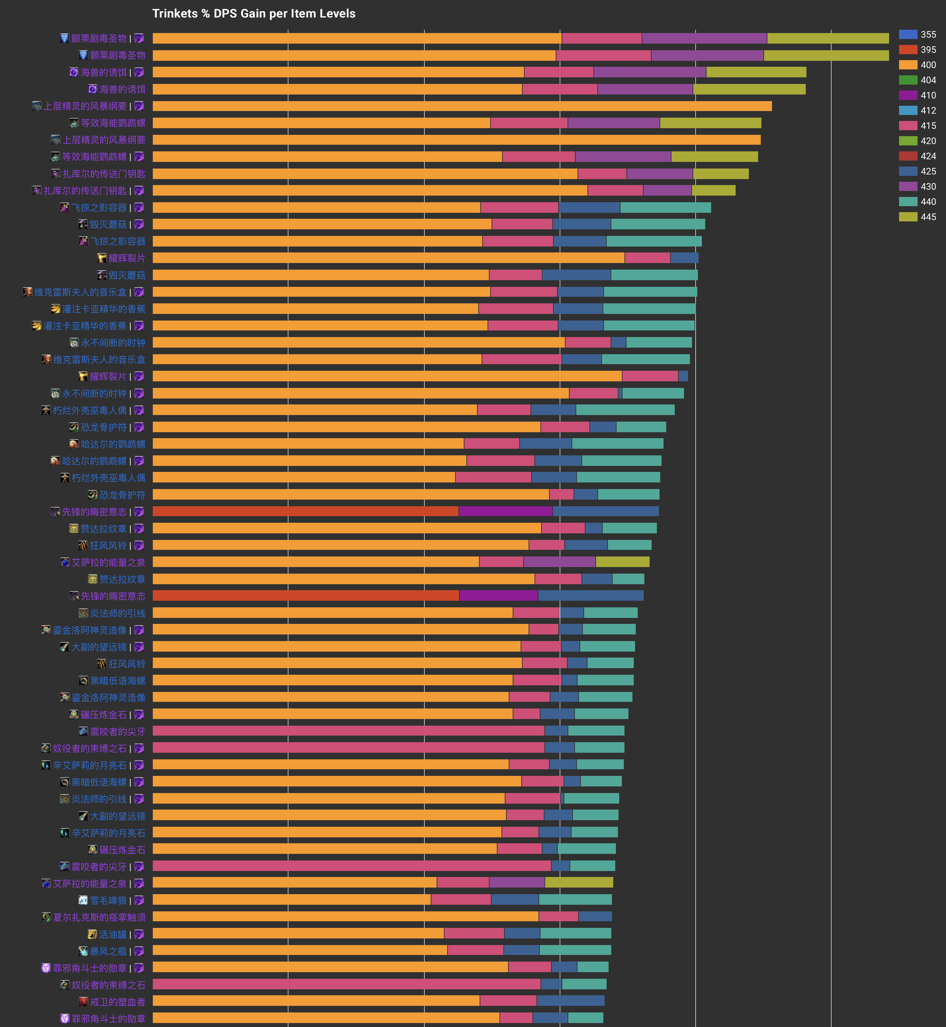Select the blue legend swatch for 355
(x=908, y=34)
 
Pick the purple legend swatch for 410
(x=908, y=95)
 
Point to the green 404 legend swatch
(x=908, y=80)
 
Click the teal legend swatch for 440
(x=908, y=202)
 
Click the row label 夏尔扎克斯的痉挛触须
(x=99, y=917)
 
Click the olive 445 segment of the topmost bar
(x=827, y=38)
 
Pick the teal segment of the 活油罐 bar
(x=576, y=933)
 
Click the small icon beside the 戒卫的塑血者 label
(x=83, y=1002)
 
